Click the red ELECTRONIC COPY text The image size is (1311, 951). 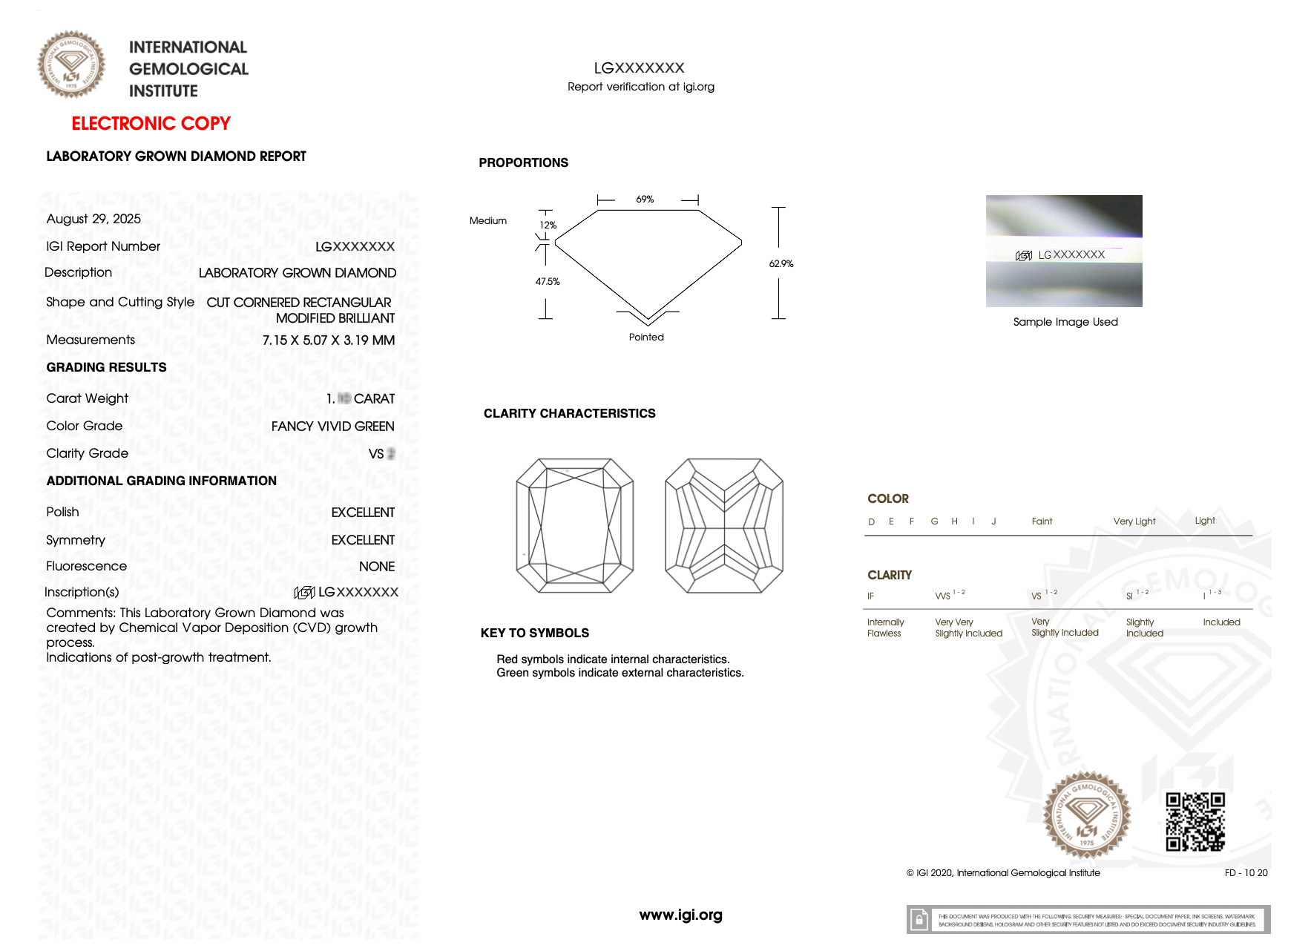(151, 123)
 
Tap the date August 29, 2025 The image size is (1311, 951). (93, 219)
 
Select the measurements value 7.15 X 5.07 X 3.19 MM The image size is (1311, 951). (328, 340)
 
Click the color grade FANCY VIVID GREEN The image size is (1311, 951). (332, 427)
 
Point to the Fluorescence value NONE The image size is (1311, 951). (376, 567)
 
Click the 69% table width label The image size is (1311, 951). (645, 200)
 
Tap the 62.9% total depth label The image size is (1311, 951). (781, 264)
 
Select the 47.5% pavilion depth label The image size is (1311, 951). (548, 282)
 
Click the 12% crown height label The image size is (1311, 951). (548, 226)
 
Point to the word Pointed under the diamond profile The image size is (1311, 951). (646, 338)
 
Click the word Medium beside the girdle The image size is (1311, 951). (488, 221)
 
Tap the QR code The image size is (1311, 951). (1195, 822)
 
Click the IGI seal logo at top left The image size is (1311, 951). (71, 65)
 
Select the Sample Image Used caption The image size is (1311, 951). (1065, 322)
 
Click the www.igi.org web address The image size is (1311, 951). (680, 915)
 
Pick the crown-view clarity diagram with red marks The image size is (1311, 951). (575, 525)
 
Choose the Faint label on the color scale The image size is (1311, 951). (1042, 521)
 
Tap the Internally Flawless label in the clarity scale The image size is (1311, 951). (885, 628)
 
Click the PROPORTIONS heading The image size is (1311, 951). (523, 163)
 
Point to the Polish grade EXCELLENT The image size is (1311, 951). (363, 513)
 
